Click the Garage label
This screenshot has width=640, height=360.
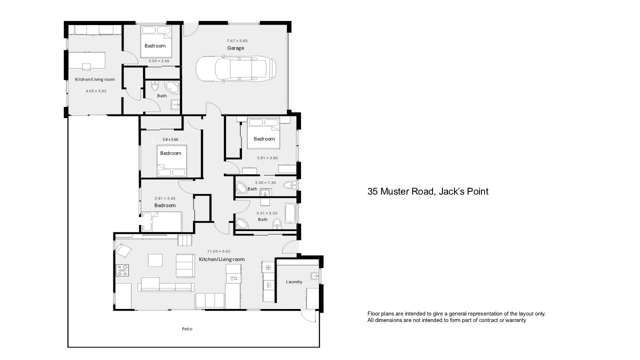click(236, 48)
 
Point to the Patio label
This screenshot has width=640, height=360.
click(186, 329)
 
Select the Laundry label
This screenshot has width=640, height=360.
click(294, 282)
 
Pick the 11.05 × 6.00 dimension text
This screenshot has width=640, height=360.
click(218, 251)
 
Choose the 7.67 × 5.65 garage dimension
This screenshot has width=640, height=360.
click(236, 41)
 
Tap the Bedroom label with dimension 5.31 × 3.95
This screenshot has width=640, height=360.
click(264, 138)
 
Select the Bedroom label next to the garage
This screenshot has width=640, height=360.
click(154, 46)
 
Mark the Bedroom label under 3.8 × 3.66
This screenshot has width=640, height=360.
click(170, 153)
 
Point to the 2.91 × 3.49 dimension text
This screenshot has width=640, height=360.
click(165, 198)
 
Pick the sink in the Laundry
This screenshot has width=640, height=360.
click(313, 274)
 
